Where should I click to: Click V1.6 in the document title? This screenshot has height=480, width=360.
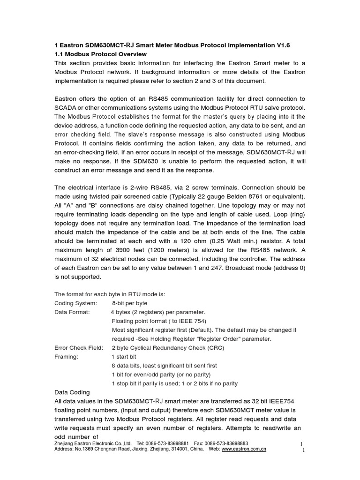click(x=283, y=45)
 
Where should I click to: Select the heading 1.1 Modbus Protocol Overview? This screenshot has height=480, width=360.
click(x=101, y=54)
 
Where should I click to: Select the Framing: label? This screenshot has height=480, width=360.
click(x=67, y=356)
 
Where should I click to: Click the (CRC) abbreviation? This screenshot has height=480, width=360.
click(x=215, y=347)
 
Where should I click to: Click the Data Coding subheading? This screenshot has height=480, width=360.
click(x=72, y=392)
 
